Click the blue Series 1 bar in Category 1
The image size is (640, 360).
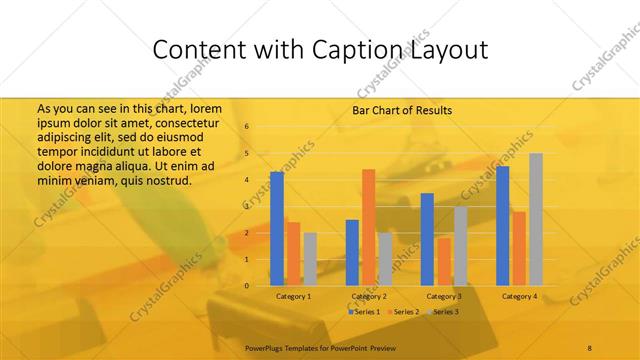click(x=277, y=228)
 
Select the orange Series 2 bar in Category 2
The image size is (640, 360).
click(x=368, y=227)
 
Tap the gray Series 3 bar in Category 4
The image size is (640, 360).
click(x=536, y=219)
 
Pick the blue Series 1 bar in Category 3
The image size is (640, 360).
click(x=427, y=239)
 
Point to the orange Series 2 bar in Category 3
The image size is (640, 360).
click(x=443, y=261)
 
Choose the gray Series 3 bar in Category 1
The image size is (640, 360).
click(x=310, y=259)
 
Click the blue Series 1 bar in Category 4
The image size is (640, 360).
click(x=503, y=225)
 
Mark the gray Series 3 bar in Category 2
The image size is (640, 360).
click(x=385, y=259)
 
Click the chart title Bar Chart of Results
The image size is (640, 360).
click(x=402, y=110)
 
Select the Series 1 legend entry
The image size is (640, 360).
click(x=365, y=313)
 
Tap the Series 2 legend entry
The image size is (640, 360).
click(x=405, y=313)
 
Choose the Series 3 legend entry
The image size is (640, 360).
click(x=445, y=313)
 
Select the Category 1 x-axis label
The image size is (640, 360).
click(x=294, y=297)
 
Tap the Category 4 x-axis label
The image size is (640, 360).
click(x=519, y=297)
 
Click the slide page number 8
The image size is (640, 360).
click(x=589, y=346)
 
